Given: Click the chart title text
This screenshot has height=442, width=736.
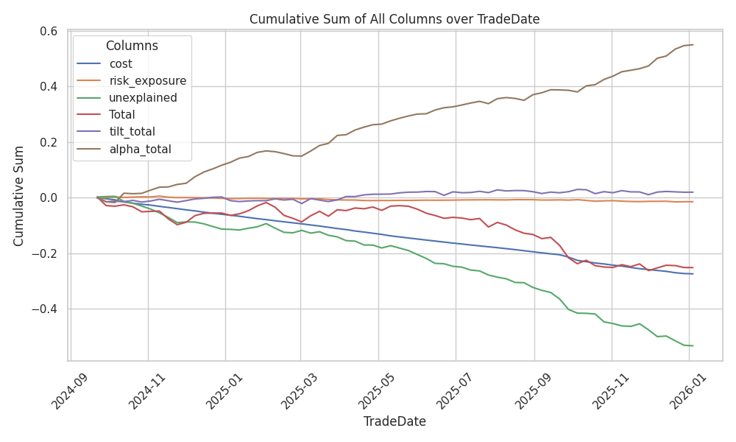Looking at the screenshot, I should click(x=394, y=19).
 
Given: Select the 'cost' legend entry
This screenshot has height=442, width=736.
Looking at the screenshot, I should click(x=121, y=64).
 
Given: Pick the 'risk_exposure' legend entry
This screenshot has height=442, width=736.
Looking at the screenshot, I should click(x=147, y=81).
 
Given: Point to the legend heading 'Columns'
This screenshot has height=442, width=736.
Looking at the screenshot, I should click(x=132, y=46).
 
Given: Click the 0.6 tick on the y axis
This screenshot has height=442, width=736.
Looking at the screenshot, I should click(x=49, y=31).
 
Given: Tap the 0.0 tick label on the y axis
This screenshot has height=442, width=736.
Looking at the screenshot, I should click(x=49, y=197).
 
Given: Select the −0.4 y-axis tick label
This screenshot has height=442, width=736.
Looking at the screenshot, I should click(x=46, y=309).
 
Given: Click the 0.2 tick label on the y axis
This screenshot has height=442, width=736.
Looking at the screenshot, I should click(x=49, y=142).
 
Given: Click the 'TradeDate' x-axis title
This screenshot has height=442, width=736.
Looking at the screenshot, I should click(x=394, y=422).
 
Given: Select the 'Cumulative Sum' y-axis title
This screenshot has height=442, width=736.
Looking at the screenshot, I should click(x=20, y=196).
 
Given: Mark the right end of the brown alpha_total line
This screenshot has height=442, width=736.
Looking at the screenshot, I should click(x=693, y=45).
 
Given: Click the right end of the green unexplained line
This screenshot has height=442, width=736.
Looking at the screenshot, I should click(x=693, y=345).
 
